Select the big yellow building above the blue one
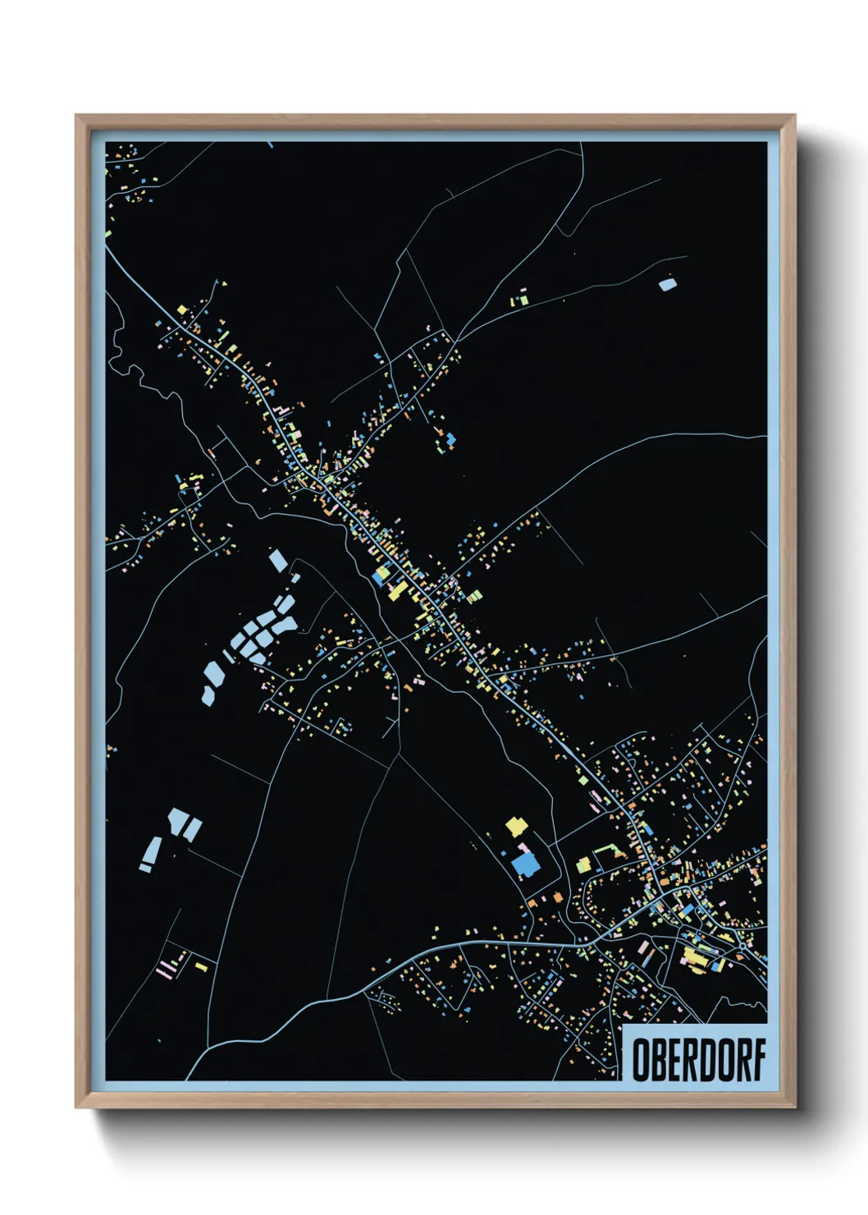tap(515, 826)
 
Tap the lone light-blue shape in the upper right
tap(668, 285)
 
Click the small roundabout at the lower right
tap(742, 946)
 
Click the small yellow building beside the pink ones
tap(201, 967)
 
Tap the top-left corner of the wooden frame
tap(77, 117)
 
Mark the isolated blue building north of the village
tap(450, 441)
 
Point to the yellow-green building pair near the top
tap(520, 299)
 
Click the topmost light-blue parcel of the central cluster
tap(278, 562)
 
